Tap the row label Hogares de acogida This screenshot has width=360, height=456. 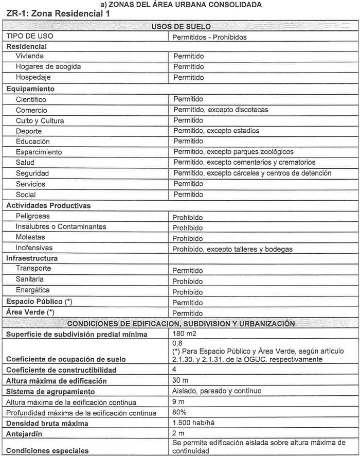[48, 67]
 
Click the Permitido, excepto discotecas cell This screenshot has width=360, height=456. [221, 110]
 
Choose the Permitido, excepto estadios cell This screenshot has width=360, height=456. [216, 131]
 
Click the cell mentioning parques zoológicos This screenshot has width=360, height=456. [233, 152]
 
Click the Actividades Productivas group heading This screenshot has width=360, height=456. [48, 205]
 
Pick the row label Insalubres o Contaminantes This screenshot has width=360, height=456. [61, 227]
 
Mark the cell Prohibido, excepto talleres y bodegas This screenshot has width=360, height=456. [232, 249]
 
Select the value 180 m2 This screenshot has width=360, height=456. [185, 334]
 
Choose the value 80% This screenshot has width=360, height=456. [179, 412]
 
